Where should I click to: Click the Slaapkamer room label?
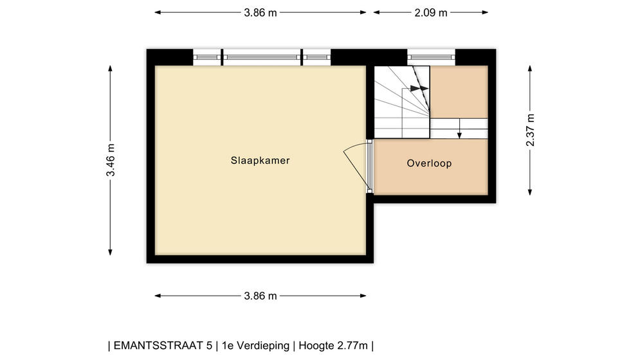tap(260, 161)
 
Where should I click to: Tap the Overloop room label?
tap(429, 163)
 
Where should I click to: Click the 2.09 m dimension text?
tap(431, 13)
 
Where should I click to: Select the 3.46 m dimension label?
tap(110, 161)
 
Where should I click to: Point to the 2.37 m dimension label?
tap(530, 130)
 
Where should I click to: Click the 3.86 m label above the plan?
tap(261, 13)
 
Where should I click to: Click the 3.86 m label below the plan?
tap(261, 296)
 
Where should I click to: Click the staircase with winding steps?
tap(401, 102)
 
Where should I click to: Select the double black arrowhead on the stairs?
tap(419, 88)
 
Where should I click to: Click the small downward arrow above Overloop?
tap(459, 129)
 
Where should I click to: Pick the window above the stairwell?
tap(431, 58)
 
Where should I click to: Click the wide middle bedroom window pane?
tap(262, 58)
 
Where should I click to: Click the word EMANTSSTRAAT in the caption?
tap(163, 346)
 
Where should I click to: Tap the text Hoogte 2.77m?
tap(333, 346)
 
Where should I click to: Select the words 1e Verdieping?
tap(255, 346)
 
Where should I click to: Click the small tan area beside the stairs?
tap(459, 92)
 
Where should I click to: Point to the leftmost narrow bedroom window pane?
tap(206, 58)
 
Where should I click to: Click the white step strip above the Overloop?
tap(459, 129)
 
